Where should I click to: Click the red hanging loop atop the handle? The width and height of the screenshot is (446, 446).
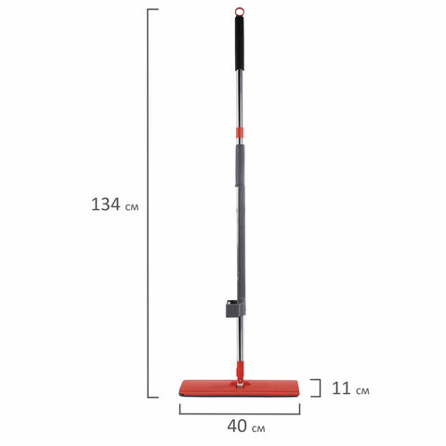tap(244, 12)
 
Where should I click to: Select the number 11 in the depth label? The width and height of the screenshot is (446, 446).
tap(339, 389)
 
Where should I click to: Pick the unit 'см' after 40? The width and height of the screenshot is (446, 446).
tap(257, 428)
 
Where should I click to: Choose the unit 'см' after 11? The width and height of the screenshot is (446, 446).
tap(361, 390)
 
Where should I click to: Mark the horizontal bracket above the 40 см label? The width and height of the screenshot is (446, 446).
tap(240, 409)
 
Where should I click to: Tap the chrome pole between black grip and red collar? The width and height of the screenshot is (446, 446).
tap(243, 102)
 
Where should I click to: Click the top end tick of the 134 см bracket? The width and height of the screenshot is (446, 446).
tap(154, 11)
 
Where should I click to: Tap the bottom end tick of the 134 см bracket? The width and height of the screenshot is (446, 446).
tap(154, 397)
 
